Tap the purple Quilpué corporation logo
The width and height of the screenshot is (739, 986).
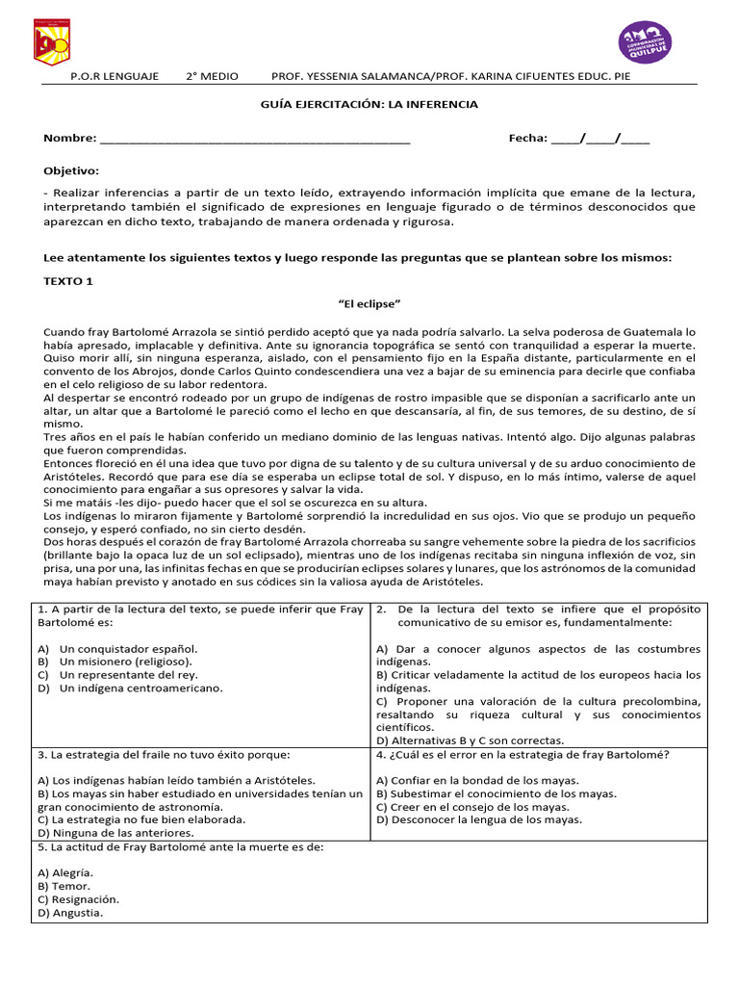point(645,41)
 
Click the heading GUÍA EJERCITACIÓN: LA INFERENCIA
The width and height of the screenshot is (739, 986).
point(369,104)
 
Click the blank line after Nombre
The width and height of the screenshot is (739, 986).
point(255,139)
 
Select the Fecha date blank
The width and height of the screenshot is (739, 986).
point(600,139)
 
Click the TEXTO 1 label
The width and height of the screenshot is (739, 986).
point(68,281)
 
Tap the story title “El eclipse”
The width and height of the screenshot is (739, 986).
point(369,303)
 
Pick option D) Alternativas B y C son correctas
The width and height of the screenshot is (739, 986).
point(470,740)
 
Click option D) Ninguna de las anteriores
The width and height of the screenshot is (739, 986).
point(115,833)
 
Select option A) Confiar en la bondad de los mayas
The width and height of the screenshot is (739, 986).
point(477,780)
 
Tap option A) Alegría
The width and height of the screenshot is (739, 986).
point(67,871)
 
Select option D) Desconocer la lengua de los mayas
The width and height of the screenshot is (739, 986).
point(479,819)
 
